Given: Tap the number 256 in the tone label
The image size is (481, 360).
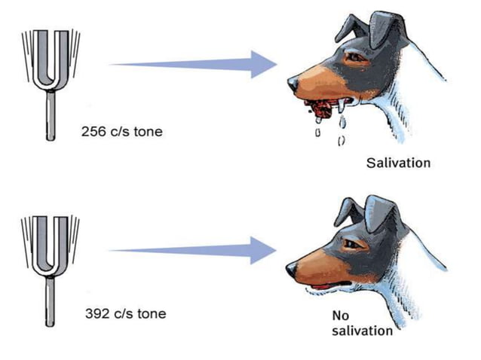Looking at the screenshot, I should pos(92,132).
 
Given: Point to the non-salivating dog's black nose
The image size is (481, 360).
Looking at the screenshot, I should pos(292,267).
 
